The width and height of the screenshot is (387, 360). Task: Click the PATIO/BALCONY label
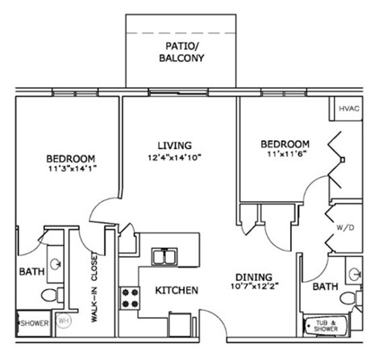coord(181,52)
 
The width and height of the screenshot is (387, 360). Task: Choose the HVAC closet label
coord(349,108)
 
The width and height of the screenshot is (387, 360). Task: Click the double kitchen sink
coord(167,257)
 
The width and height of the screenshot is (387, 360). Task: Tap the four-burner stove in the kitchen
coord(129,299)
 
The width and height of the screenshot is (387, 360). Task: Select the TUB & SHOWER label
coord(325,325)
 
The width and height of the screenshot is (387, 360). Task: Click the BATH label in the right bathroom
coord(325,286)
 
